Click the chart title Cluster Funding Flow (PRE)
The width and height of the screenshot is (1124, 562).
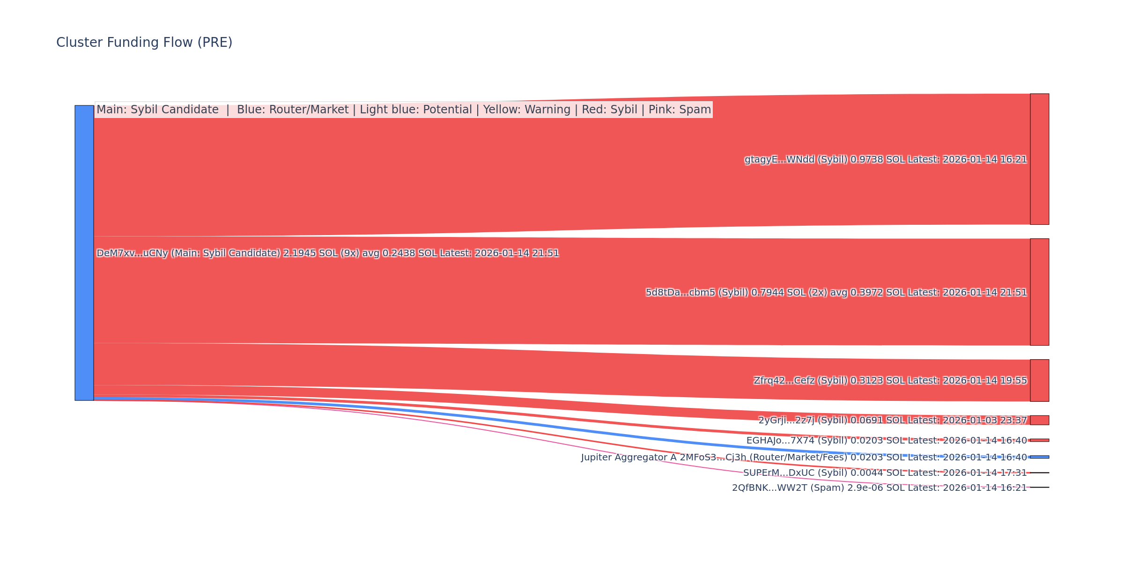coord(144,43)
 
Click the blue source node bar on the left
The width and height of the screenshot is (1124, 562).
coord(84,253)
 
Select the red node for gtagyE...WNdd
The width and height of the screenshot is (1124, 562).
coord(1039,159)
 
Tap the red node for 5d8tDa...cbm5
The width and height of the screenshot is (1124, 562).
coord(1039,292)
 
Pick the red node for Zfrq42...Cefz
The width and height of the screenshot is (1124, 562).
coord(1039,380)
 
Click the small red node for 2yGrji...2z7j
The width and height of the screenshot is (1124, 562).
coord(1039,420)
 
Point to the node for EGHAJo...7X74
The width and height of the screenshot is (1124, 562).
coord(1039,440)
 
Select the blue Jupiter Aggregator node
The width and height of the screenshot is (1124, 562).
coord(1039,457)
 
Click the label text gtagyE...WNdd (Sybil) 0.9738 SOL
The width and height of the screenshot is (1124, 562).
coord(885,160)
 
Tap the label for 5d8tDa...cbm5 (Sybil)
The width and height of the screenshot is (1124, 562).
coord(836,293)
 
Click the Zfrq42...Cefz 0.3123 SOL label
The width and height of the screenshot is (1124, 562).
coord(890,381)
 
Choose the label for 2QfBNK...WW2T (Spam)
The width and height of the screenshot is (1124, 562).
coord(879,488)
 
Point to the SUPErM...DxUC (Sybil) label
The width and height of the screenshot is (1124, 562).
coord(885,473)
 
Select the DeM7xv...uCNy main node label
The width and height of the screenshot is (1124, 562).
coord(328,253)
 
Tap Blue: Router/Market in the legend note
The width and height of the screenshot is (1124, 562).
coord(293,110)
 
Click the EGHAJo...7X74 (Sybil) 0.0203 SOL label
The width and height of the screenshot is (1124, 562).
coord(886,441)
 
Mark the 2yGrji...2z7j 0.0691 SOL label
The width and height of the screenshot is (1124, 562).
coord(892,421)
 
